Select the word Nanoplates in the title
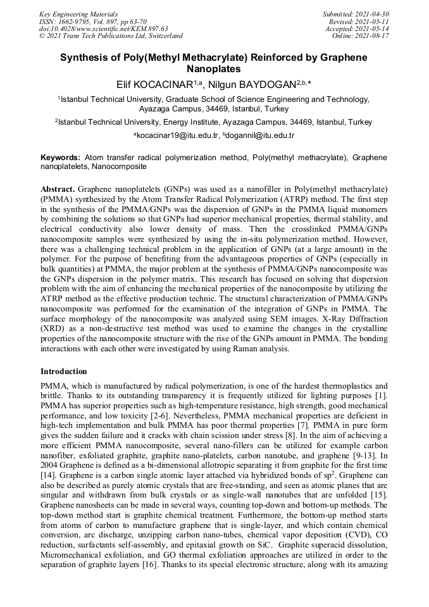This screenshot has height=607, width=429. point(214,68)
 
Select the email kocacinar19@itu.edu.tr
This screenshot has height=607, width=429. point(178,135)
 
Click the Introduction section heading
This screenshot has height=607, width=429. point(64,371)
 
